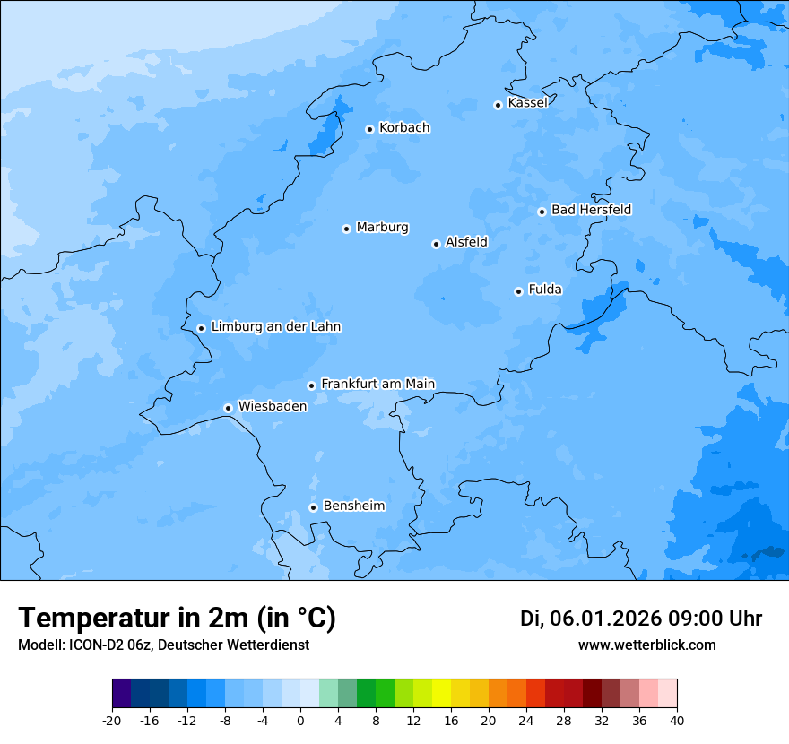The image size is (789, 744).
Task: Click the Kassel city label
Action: tap(527, 103)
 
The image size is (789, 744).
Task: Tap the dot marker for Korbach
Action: tap(369, 129)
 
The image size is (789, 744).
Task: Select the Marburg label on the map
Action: tap(382, 228)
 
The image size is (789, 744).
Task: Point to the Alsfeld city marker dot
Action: tap(436, 244)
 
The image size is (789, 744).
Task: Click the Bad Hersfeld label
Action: tap(591, 210)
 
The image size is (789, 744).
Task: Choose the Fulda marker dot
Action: tap(518, 291)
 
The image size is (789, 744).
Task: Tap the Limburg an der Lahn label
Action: tap(275, 327)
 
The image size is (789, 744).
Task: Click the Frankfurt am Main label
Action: tap(377, 384)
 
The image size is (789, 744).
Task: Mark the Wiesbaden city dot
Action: tap(228, 408)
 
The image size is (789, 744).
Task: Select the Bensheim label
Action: tap(353, 506)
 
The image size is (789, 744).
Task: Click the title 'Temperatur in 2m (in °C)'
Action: tap(177, 619)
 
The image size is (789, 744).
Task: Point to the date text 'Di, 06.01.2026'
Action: tap(590, 619)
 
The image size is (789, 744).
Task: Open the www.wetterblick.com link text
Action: tap(646, 645)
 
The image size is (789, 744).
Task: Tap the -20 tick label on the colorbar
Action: tap(112, 721)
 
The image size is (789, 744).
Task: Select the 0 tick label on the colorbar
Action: tap(300, 721)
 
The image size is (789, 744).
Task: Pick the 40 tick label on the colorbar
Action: tap(677, 721)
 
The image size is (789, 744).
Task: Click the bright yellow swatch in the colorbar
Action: tap(441, 694)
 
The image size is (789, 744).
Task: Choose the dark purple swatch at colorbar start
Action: tap(122, 694)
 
